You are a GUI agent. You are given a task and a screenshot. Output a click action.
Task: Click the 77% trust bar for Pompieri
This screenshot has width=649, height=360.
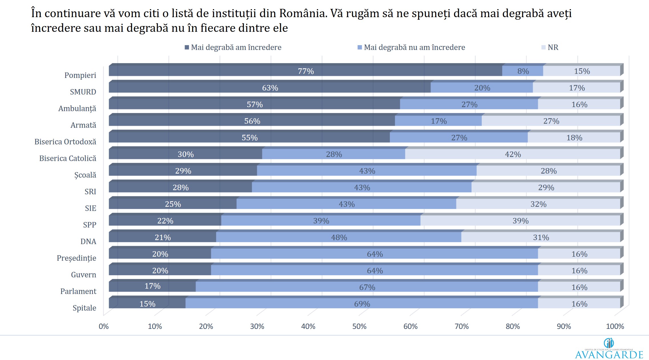(x=305, y=71)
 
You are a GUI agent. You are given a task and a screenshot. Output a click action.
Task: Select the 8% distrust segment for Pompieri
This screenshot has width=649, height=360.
(x=523, y=71)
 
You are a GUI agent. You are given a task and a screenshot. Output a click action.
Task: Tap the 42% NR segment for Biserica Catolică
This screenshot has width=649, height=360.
(x=513, y=154)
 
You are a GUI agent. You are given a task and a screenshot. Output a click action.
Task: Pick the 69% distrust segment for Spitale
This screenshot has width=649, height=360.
(x=362, y=304)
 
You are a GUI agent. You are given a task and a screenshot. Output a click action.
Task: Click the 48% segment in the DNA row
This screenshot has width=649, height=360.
(x=338, y=237)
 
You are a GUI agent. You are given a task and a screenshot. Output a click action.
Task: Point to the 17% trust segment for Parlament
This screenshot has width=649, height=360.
(x=152, y=286)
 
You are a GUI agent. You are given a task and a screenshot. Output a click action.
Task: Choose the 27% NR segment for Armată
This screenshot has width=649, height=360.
(x=551, y=121)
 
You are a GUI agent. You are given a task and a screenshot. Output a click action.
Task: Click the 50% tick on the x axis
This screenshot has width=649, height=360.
(x=359, y=326)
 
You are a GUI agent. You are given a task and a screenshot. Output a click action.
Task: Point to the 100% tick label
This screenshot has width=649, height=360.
(x=615, y=326)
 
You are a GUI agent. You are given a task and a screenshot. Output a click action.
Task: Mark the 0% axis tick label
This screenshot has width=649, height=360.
(x=104, y=326)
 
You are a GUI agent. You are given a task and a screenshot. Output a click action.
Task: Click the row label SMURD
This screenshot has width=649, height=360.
(x=83, y=92)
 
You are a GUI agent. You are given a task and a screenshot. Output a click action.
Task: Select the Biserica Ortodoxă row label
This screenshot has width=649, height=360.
(x=65, y=142)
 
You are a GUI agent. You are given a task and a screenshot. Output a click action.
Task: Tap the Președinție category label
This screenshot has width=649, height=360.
(x=76, y=258)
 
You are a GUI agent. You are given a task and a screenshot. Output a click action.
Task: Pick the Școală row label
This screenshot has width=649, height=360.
(x=85, y=175)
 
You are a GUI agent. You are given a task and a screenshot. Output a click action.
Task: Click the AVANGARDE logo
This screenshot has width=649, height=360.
(x=609, y=350)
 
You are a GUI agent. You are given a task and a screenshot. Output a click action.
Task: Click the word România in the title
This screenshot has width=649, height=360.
(x=303, y=13)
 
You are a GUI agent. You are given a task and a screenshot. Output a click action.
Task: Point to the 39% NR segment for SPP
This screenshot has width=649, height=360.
(x=520, y=221)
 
